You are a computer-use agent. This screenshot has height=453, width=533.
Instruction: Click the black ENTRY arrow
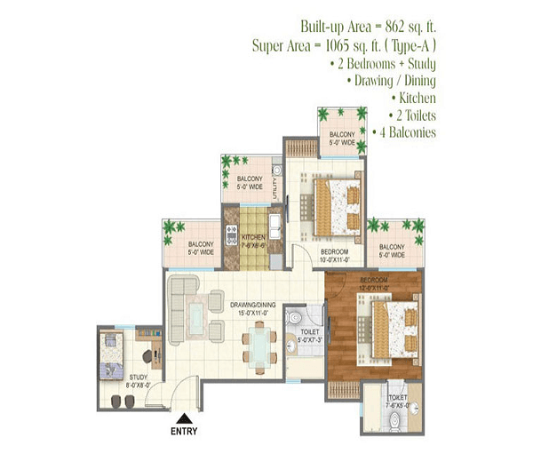point(184,418)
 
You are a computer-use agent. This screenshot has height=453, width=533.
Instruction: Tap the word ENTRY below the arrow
point(184,433)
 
